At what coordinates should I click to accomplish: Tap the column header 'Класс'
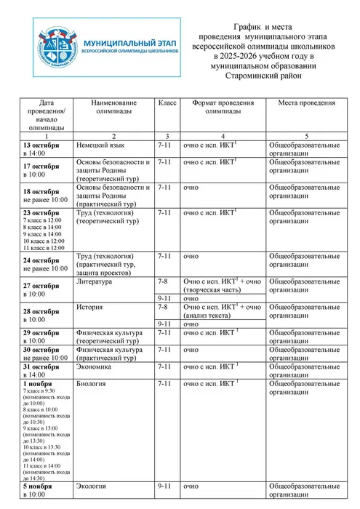point(167,104)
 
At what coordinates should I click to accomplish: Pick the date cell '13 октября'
point(41,145)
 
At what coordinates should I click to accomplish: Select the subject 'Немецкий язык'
point(102,145)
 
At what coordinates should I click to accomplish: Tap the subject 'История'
point(91,307)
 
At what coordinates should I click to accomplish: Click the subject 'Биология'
point(94,383)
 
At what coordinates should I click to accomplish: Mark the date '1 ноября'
point(39,383)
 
